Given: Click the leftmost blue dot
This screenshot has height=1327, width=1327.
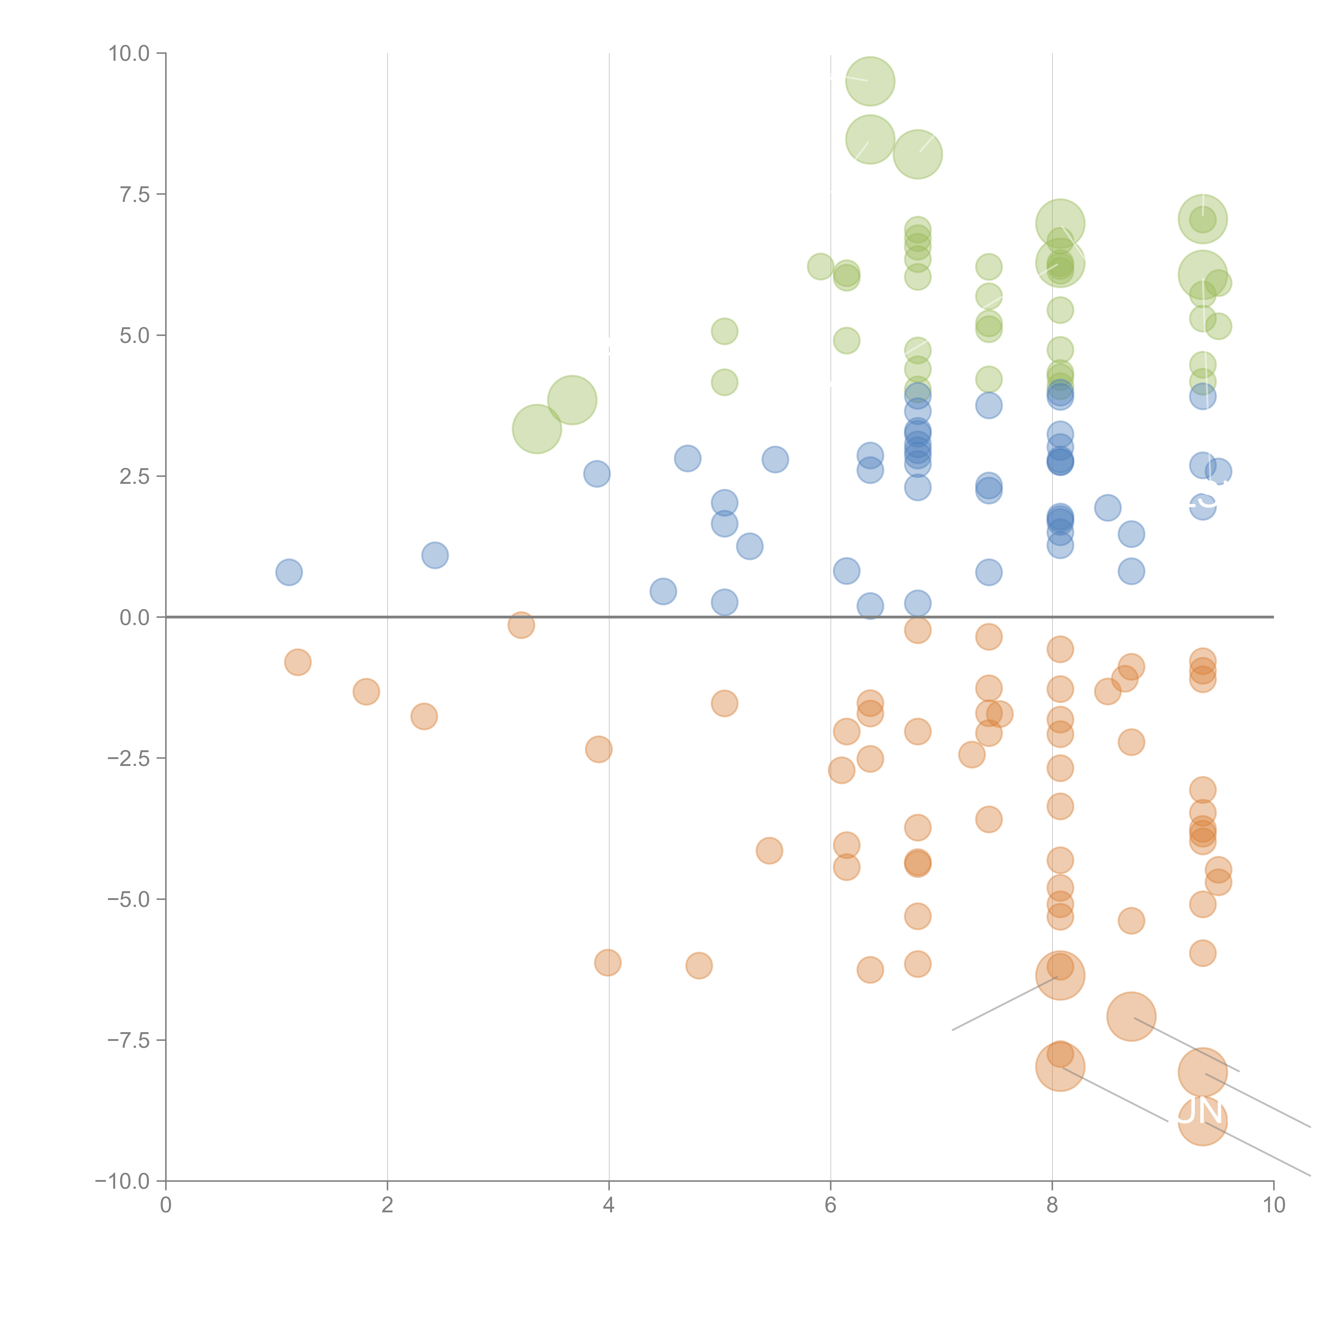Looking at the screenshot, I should pyautogui.click(x=289, y=572).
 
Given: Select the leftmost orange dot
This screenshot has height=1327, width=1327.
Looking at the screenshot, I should pyautogui.click(x=298, y=662).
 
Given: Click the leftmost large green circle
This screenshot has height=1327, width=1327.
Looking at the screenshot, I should pyautogui.click(x=537, y=429).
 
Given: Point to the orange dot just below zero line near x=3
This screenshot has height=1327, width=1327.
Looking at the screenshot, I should pyautogui.click(x=521, y=625).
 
